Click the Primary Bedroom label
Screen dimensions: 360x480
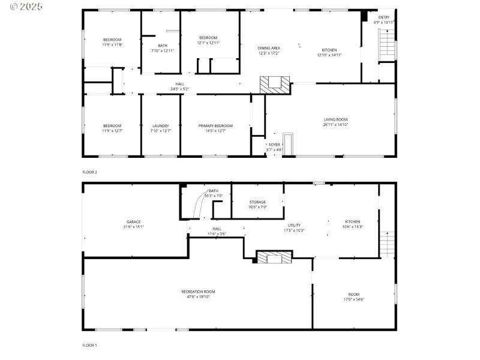coord(215,125)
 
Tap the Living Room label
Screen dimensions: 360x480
coord(335,119)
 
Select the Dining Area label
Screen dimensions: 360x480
coord(269,48)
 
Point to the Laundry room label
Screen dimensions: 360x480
coord(160,125)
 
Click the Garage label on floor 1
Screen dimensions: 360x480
coord(133,221)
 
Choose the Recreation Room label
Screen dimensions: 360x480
coord(198,292)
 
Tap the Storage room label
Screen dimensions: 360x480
coord(257,202)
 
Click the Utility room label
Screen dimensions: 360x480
coord(293,225)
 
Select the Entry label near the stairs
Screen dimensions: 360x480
coord(383,17)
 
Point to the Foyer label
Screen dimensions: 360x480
coord(274,144)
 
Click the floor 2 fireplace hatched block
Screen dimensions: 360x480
coord(275,83)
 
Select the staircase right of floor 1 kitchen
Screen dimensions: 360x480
coord(387,243)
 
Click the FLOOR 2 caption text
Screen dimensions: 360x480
coord(89,172)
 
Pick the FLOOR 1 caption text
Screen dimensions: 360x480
coord(89,345)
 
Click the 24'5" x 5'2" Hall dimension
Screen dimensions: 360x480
coord(179,89)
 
